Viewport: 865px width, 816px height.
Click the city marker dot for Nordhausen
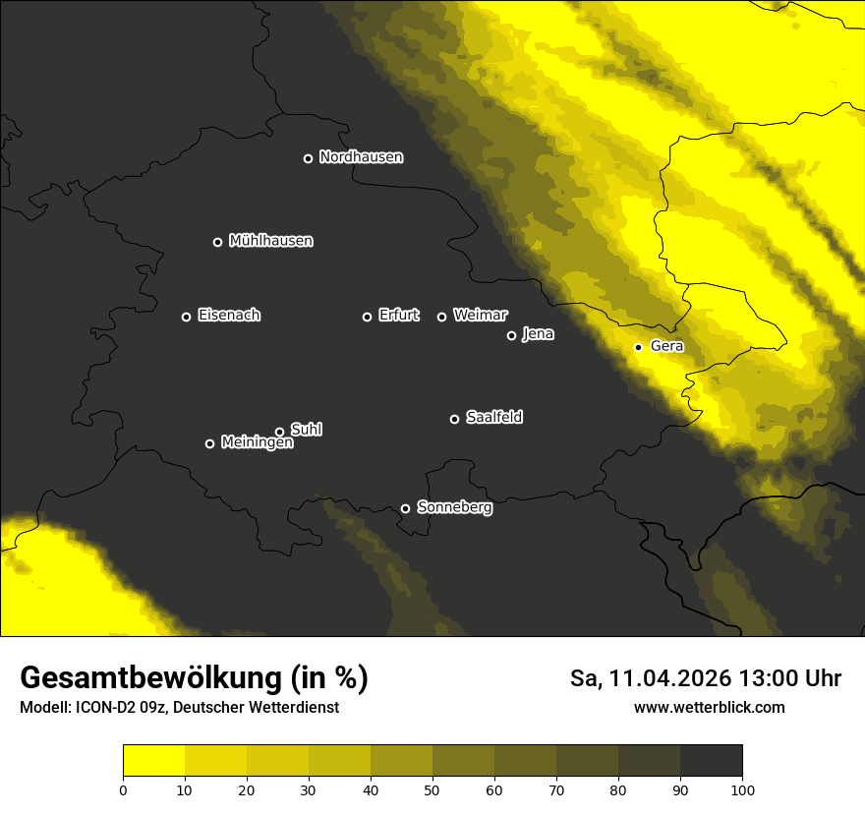pos(308,158)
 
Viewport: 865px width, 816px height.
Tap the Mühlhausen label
pos(270,241)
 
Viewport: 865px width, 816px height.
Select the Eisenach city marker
pos(186,317)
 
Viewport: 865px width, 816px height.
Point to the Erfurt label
pos(398,316)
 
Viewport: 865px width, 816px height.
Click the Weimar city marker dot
pos(441,317)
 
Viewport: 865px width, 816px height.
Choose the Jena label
pos(538,334)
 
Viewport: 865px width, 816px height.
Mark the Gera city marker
pos(638,347)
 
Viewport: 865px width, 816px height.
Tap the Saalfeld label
pos(493,418)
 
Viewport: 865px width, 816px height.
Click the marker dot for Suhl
pos(279,432)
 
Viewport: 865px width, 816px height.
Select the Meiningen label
pos(257,443)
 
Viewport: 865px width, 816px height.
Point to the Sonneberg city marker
pos(405,508)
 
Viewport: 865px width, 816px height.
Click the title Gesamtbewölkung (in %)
pos(194,678)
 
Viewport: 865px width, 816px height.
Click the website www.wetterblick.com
pos(709,708)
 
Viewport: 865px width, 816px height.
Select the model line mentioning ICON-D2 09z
pos(179,708)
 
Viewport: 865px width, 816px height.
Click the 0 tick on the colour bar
pos(123,789)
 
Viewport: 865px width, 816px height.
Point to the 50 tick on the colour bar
pos(432,789)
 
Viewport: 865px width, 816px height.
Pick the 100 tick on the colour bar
pos(742,789)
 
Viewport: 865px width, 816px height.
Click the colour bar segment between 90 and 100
pos(711,761)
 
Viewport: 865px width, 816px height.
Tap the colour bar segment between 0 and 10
pos(153,761)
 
